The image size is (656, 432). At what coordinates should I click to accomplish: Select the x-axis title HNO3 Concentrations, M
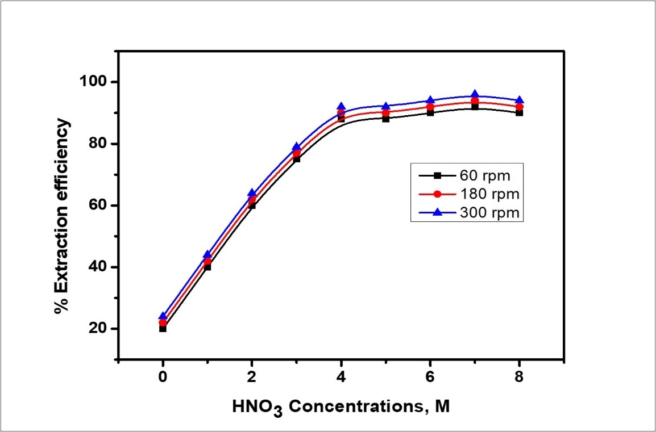point(341,407)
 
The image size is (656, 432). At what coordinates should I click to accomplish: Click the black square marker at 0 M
point(163,329)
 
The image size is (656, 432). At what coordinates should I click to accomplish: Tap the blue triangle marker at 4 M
point(341,107)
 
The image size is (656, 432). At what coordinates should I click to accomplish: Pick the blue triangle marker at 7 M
point(475,95)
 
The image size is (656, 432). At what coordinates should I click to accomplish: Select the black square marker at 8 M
point(520,113)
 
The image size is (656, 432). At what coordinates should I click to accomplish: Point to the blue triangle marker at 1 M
point(207,255)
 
